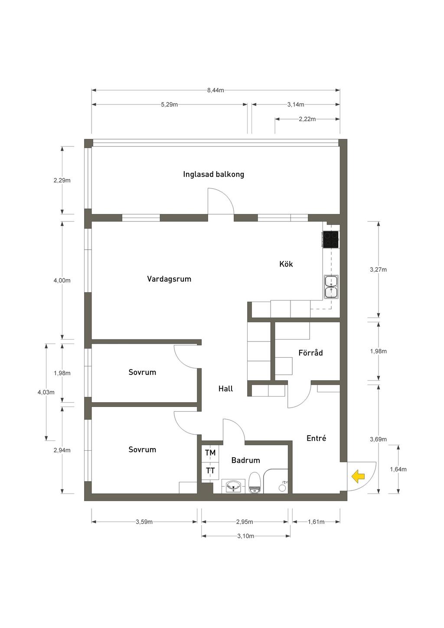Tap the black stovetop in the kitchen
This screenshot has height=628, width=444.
coord(331,239)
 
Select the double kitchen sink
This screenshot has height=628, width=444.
coord(331,286)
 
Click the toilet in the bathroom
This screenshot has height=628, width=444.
coord(255,483)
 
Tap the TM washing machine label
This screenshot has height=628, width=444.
coord(210,453)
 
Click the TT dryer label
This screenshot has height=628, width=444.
coord(210,471)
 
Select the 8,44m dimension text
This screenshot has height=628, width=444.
coord(215,90)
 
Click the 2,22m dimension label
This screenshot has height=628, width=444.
coord(307,119)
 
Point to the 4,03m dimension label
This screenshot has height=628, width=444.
coord(46,392)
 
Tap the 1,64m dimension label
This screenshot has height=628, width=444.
coord(398,469)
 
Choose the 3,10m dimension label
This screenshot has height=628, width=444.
coord(245,536)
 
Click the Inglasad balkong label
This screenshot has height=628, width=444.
coord(213,174)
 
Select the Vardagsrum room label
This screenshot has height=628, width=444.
coord(169,279)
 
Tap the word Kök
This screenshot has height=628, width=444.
coord(286,264)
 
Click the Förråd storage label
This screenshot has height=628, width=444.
coord(310,352)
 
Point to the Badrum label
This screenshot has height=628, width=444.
coord(245,460)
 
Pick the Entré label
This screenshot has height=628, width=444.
coord(316,438)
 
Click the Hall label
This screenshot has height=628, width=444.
coord(225,389)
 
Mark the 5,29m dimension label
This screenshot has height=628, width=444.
coord(169,105)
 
